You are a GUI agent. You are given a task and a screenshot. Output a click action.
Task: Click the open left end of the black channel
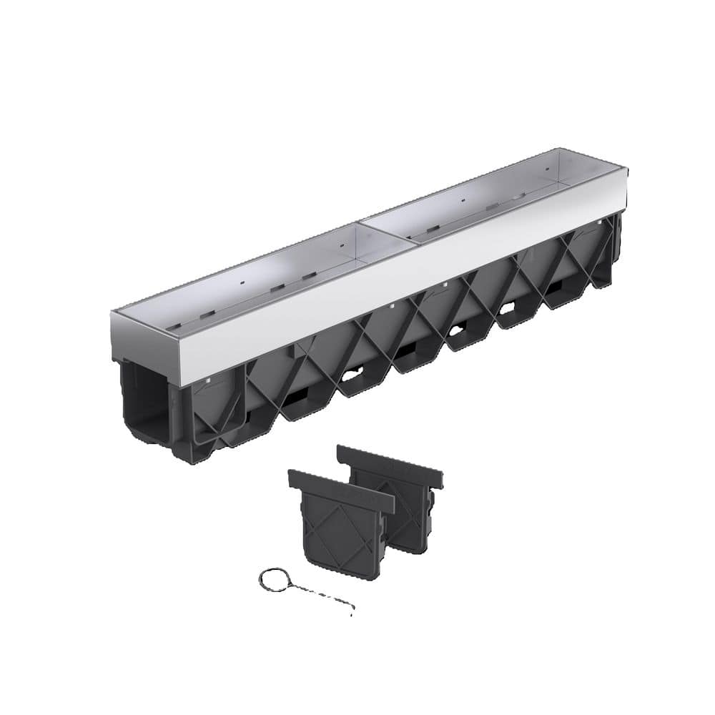[147, 400]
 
